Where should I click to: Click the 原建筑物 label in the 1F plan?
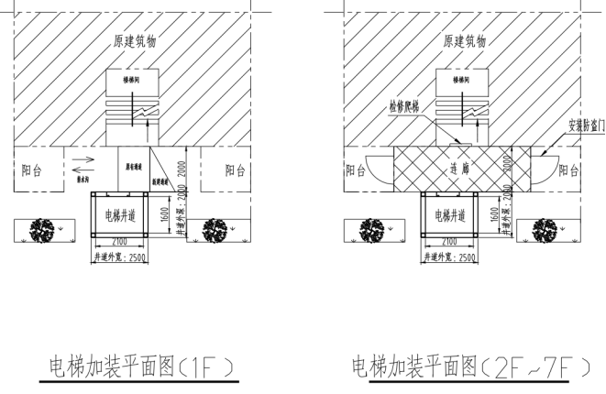click(134, 42)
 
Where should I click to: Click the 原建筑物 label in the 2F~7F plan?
click(465, 42)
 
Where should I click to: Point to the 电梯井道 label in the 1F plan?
click(120, 216)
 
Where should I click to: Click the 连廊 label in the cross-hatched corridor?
click(459, 170)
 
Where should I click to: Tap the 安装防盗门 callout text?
click(587, 125)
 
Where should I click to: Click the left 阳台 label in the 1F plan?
click(31, 170)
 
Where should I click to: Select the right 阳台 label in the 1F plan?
click(236, 170)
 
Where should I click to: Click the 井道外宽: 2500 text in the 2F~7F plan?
click(449, 257)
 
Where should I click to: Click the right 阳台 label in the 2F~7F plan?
click(568, 170)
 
